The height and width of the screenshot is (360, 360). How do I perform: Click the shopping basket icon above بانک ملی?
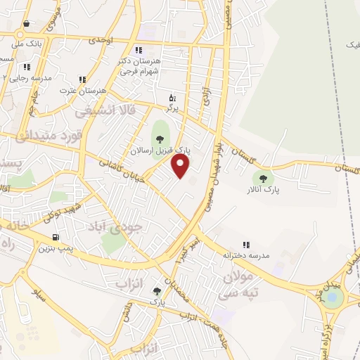(26, 23)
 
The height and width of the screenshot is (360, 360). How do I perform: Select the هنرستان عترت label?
(82, 91)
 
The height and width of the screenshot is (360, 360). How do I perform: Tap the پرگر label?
(172, 108)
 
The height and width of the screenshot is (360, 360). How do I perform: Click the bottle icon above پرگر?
(172, 98)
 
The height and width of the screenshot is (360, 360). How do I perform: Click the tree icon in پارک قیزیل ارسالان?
(160, 137)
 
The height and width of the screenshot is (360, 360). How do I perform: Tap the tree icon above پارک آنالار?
(263, 179)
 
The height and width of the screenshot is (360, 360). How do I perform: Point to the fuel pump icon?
(56, 237)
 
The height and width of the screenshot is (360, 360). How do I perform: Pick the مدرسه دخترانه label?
(247, 255)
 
